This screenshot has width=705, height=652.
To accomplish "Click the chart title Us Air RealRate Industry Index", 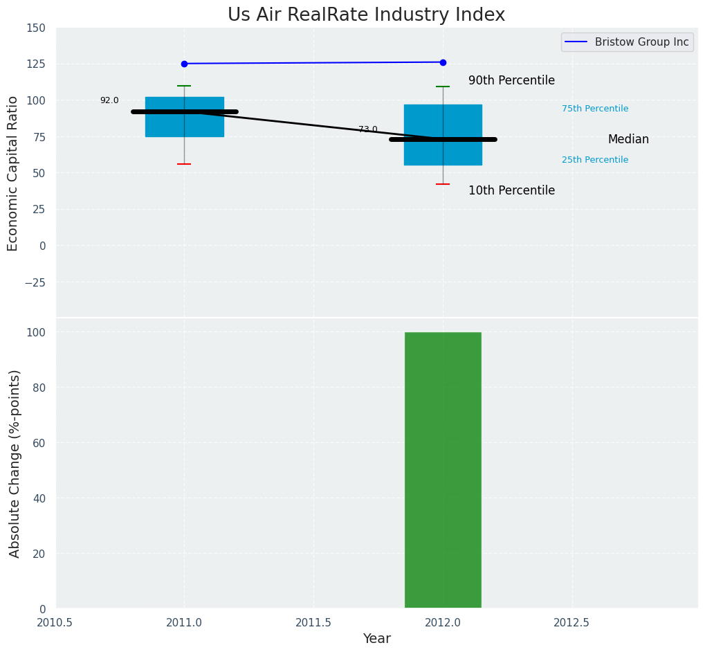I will pos(366,15).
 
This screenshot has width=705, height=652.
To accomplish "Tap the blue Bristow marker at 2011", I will pos(184,64).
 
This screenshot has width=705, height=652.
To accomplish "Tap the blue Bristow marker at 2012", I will pos(443,62).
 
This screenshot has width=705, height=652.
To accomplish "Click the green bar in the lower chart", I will pos(443,470).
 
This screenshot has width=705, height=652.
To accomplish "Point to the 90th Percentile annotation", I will pos(511,80).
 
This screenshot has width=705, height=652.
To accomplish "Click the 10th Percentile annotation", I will pos(511,190).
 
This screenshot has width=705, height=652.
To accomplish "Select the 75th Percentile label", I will pos(595,109).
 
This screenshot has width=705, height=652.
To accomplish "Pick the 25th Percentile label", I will pos(595,160).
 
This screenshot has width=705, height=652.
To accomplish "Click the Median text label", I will pos(628,139).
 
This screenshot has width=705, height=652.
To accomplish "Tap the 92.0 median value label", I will pos(109,100).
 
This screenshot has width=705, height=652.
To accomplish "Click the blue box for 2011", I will pos(184,123).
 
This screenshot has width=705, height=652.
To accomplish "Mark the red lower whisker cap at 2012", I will pos(443,184).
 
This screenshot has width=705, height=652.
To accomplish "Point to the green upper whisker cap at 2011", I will pos(184,86).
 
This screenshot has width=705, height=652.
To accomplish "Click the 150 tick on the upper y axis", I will pos(36,28).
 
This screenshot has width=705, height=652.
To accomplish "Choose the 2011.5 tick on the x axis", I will pos(313,622).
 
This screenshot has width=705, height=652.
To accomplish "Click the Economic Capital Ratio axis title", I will pos(13,173).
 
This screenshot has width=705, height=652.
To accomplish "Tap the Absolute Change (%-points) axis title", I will pos(15,463).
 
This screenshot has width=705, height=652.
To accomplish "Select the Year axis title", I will pos(377,639).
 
